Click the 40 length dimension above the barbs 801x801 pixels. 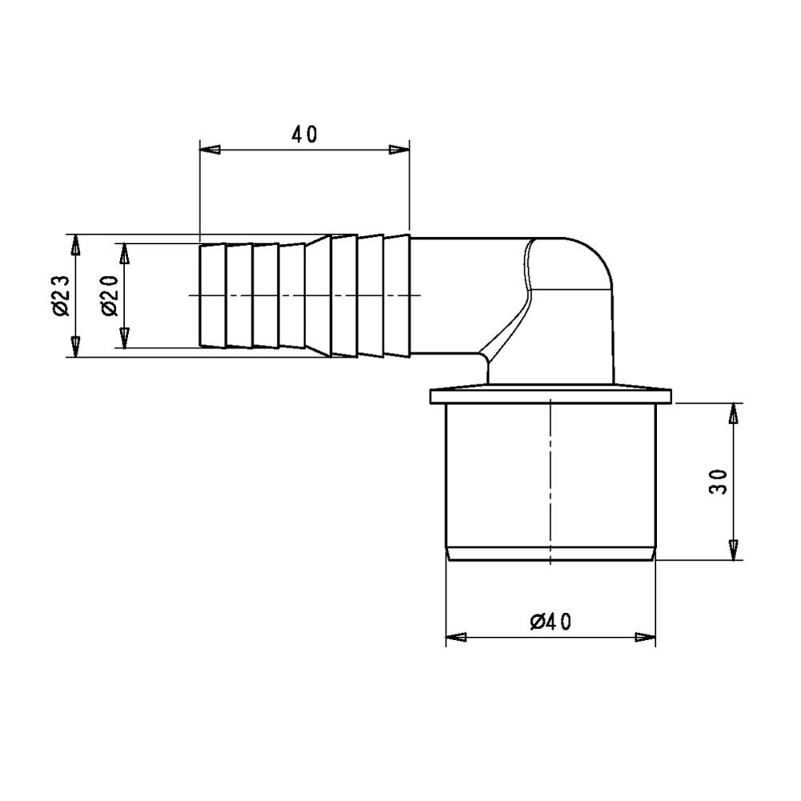click(304, 135)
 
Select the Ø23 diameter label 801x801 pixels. click(60, 296)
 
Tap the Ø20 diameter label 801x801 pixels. click(110, 296)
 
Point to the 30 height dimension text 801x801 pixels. click(718, 481)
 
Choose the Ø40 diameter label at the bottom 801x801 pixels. click(551, 622)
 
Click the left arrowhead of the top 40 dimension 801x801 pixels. click(210, 150)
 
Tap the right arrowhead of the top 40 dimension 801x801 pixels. click(399, 150)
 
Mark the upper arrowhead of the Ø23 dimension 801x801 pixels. click(75, 244)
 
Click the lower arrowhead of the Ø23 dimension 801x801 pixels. click(75, 347)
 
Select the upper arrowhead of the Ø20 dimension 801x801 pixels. click(124, 253)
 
